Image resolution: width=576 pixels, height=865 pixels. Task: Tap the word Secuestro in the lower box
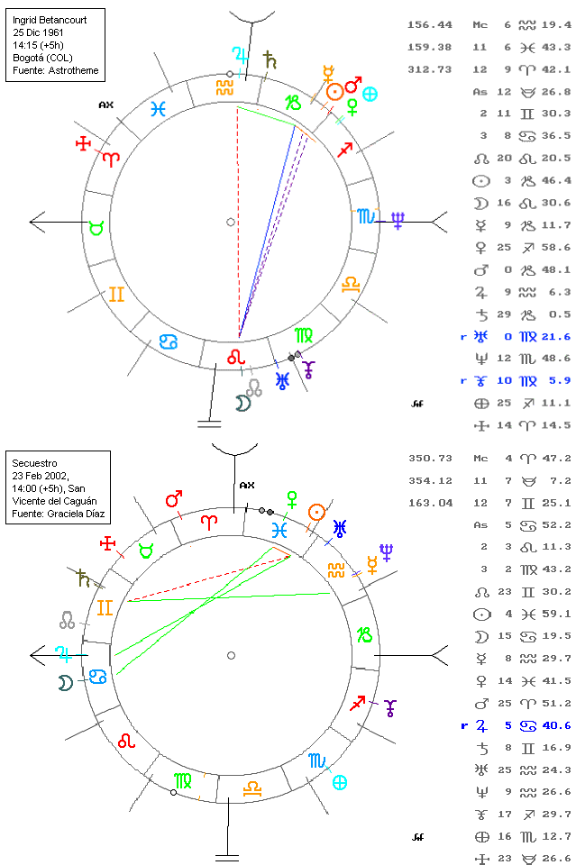click(33, 455)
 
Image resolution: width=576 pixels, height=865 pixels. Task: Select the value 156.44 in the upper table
click(429, 25)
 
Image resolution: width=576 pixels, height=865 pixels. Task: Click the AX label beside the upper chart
click(106, 105)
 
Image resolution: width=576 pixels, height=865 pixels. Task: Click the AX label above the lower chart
click(247, 485)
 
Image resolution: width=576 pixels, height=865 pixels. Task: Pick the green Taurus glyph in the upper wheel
click(95, 227)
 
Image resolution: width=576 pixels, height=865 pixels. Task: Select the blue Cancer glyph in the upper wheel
click(168, 341)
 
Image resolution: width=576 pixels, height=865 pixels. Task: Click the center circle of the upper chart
click(231, 222)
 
